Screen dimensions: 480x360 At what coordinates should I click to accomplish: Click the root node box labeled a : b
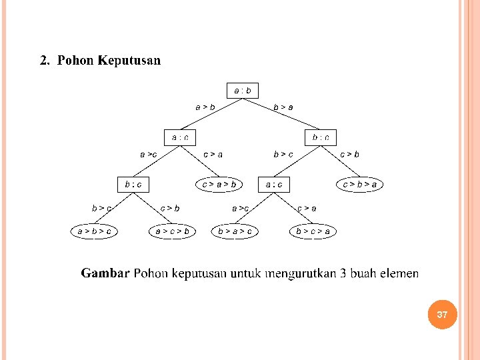242,90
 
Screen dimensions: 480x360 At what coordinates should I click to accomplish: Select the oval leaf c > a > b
219,183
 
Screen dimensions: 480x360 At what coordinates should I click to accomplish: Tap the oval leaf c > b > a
359,183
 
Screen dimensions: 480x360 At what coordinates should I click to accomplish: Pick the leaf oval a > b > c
94,231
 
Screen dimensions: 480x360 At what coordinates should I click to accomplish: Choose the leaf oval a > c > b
172,231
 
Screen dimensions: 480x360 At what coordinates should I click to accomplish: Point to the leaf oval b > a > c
235,231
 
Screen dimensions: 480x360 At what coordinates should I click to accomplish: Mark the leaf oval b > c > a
313,231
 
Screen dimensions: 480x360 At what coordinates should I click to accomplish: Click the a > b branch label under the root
205,107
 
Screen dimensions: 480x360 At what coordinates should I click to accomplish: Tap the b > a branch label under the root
283,107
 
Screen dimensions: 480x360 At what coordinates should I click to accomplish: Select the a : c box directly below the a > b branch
180,137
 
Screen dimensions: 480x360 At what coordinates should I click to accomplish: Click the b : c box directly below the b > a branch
321,137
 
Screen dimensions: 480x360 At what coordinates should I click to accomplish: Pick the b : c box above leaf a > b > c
133,183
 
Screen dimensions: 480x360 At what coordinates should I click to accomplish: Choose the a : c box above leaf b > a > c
274,183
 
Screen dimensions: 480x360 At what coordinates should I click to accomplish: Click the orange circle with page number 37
442,314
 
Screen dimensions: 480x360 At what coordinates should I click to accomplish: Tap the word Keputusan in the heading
129,61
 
